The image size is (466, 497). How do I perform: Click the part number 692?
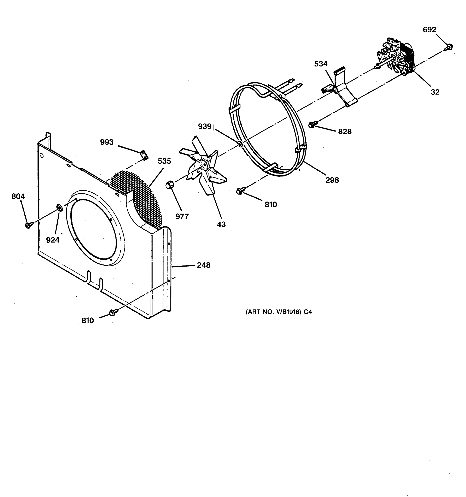[x=429, y=30]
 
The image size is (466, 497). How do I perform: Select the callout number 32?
[x=435, y=92]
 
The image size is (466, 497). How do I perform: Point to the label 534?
[x=321, y=64]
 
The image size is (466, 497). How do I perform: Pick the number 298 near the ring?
[x=332, y=180]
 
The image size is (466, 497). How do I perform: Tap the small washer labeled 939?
[x=240, y=144]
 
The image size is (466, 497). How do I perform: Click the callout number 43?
[x=221, y=224]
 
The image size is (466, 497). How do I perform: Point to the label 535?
[x=164, y=161]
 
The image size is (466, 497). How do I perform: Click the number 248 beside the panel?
[x=204, y=265]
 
